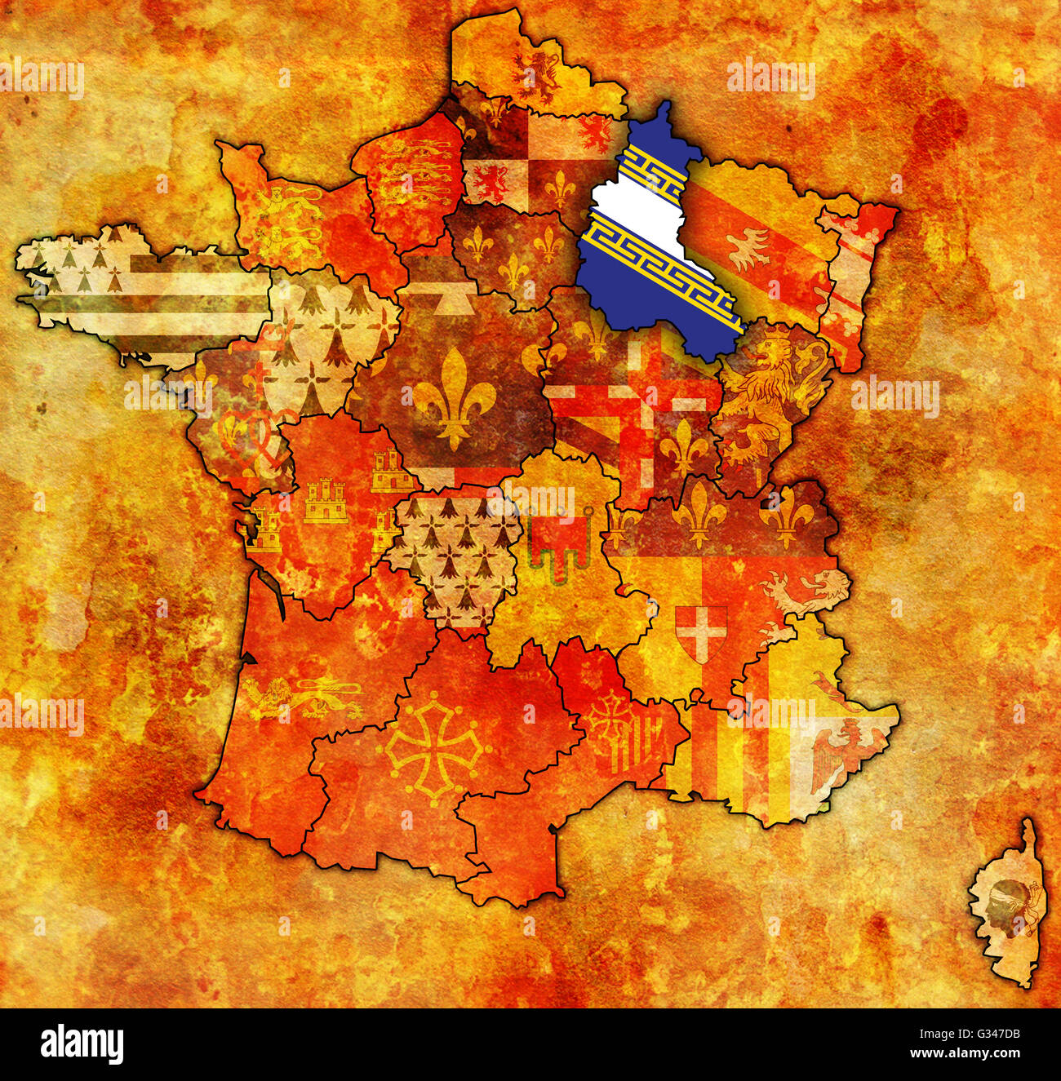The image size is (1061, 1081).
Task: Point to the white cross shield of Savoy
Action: (x=700, y=632)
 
